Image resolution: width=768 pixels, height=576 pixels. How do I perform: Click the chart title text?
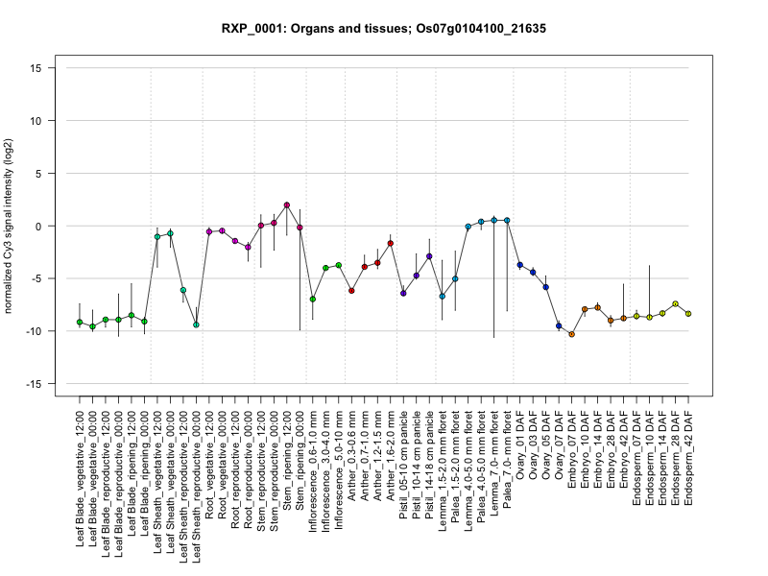[384, 29]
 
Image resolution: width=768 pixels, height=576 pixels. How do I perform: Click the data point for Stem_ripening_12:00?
[287, 205]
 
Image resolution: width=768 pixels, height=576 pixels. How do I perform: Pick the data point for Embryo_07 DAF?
[571, 334]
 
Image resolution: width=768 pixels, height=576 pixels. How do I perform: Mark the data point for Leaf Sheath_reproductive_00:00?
[196, 324]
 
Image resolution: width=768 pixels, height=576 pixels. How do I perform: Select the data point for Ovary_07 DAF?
[559, 326]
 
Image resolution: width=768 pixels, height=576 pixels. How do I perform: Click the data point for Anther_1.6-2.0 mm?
[391, 244]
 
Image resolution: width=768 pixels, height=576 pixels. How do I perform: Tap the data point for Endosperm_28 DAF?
[676, 304]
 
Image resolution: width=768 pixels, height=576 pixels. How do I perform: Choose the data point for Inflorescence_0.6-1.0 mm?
[313, 300]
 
